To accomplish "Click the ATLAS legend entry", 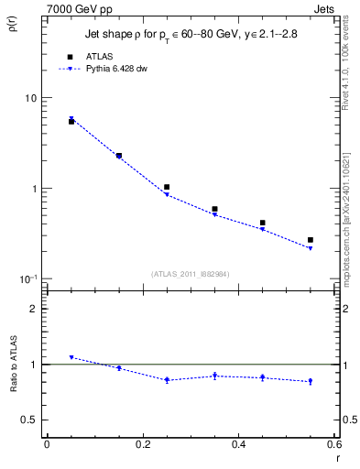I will tap(99, 56).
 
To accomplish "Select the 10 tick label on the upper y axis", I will tap(30, 98).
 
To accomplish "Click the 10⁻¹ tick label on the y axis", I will tap(27, 279).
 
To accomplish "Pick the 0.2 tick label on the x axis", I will tap(142, 444).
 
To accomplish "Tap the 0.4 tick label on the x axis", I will tap(238, 444).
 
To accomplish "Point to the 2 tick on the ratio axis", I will tap(33, 310).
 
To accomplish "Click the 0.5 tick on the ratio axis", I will tap(29, 420).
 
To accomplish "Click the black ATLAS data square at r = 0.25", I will tap(167, 187).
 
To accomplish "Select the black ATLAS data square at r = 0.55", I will tap(311, 240).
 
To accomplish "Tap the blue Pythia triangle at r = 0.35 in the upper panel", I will tap(214, 214).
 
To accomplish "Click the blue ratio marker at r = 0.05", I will tap(71, 357).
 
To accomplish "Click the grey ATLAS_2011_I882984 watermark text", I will tap(190, 274).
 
